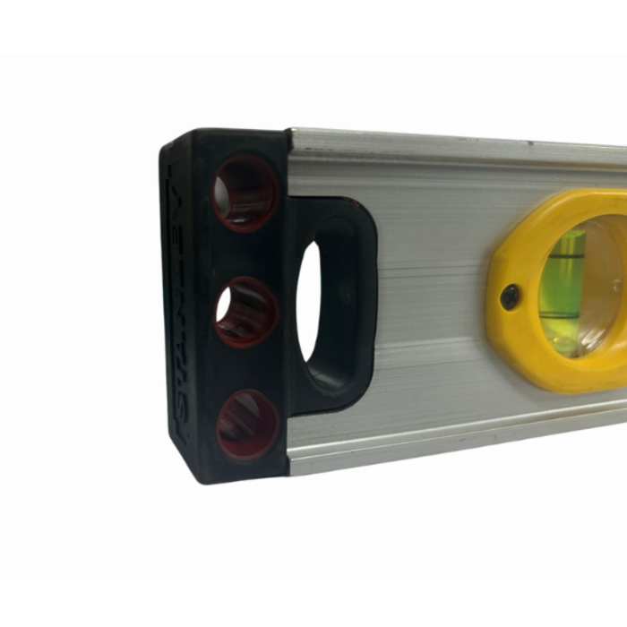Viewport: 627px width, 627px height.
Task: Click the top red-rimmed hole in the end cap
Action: coord(245,193)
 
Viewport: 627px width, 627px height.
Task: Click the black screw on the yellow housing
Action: coord(510,297)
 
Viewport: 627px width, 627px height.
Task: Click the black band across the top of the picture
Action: coord(313,25)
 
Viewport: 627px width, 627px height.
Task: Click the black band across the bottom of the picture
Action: coord(313,600)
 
